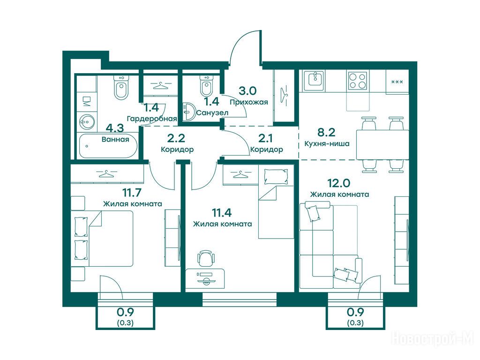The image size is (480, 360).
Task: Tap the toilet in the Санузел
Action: point(206,84)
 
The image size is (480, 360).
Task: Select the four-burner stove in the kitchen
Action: point(358,80)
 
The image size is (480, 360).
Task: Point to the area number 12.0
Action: point(339,183)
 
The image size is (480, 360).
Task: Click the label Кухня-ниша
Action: point(327,143)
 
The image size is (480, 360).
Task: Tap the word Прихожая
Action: point(249,102)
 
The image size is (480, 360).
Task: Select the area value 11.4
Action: point(222,212)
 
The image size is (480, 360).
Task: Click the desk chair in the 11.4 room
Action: point(205,258)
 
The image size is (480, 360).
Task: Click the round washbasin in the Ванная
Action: point(87,122)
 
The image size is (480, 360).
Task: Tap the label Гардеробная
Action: point(152,119)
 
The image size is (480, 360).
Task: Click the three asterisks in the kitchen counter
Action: point(397,82)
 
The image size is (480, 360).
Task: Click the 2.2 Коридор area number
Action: point(176,138)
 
